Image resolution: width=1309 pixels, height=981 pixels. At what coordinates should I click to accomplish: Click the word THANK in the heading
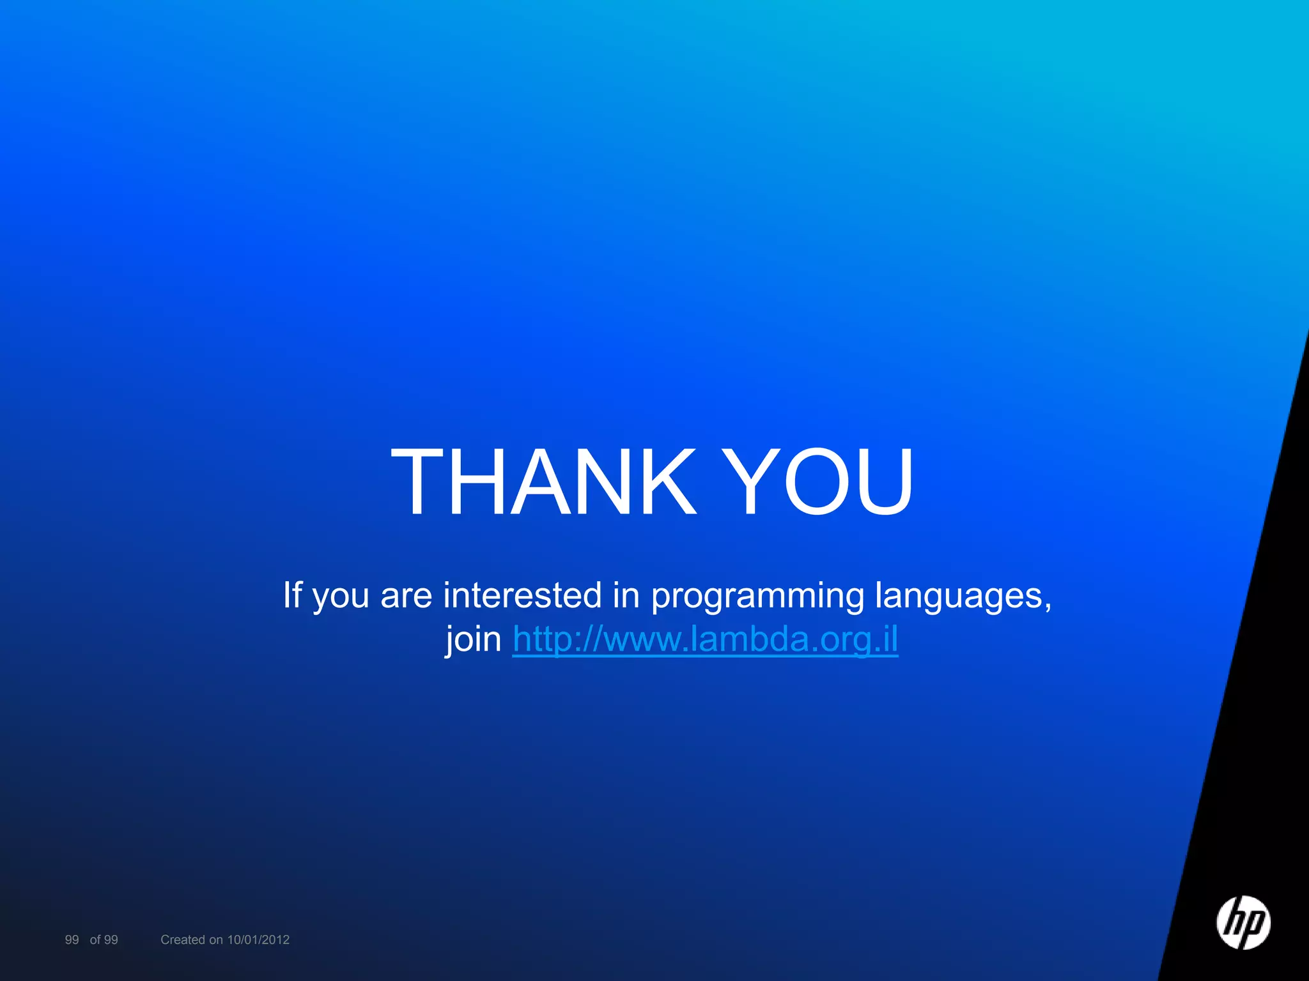click(543, 482)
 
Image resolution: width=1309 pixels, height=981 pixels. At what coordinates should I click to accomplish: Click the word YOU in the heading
click(821, 482)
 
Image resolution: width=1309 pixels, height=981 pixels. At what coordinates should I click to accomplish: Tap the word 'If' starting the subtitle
click(292, 595)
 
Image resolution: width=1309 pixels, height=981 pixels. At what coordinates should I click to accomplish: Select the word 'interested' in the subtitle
click(522, 595)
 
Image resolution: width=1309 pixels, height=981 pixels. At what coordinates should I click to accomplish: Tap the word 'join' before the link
click(474, 639)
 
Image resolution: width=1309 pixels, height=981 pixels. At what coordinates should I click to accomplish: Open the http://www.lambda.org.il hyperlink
click(705, 639)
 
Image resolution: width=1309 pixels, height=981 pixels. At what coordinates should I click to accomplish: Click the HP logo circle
click(1243, 922)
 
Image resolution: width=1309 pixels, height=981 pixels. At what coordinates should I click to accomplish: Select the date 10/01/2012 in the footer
click(258, 939)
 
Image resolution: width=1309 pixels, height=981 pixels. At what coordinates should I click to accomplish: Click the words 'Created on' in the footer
click(191, 939)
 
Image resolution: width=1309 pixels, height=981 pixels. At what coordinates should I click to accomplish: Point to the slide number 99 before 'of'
click(72, 939)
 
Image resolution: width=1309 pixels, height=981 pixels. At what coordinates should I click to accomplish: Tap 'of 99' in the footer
click(104, 939)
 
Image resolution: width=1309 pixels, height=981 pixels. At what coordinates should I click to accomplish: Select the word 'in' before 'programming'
click(626, 595)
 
